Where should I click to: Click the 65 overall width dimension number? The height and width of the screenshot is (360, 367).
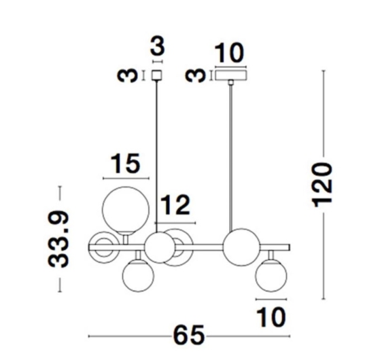tap(189, 336)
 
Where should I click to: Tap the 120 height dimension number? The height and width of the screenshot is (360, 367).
tap(324, 185)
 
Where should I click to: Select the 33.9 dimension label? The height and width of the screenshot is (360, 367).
tap(58, 239)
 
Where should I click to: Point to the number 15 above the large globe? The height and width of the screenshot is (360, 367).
tap(126, 163)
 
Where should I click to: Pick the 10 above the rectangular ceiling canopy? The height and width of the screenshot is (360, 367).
tap(230, 53)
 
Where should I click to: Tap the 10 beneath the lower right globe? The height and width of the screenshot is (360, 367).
tap(271, 317)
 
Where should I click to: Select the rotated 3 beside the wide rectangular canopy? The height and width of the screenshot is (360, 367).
tap(196, 75)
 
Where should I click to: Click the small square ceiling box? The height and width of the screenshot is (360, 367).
tap(157, 75)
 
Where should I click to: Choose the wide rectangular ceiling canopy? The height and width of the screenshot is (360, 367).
tap(231, 75)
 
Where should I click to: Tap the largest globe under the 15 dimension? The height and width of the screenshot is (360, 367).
tap(126, 210)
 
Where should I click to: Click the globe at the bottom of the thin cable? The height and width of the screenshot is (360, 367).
tap(160, 247)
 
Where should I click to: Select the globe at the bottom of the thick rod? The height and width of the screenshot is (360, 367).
tap(241, 247)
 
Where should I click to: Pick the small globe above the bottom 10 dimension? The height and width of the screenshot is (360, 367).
tap(271, 276)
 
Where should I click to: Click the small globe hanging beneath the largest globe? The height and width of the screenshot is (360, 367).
tap(139, 276)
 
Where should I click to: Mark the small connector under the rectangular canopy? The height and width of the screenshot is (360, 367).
tap(231, 82)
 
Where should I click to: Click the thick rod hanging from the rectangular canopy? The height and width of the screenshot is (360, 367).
tap(231, 157)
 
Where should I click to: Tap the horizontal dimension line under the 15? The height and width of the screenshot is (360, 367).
tap(126, 179)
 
